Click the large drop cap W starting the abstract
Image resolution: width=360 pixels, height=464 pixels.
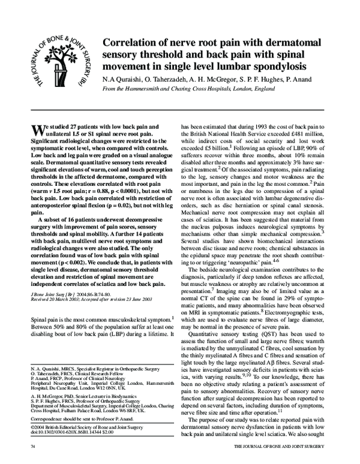(x=37, y=131)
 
